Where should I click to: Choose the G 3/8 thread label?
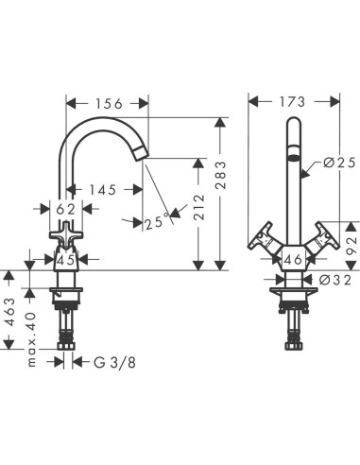pos(116,361)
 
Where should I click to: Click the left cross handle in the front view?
pos(260,238)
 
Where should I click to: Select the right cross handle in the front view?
pos(326,238)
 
